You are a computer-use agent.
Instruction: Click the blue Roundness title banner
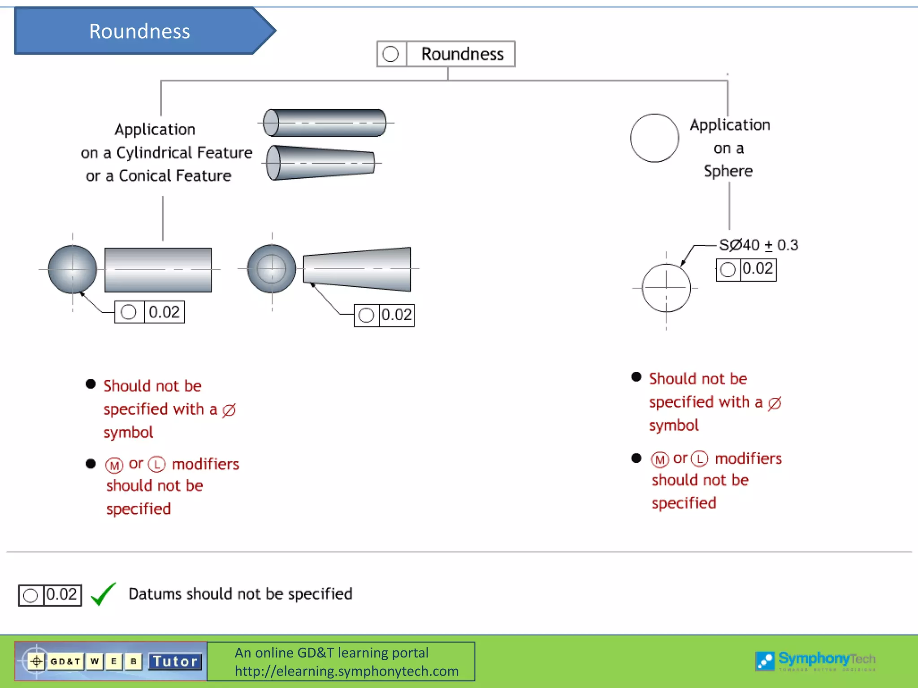point(139,31)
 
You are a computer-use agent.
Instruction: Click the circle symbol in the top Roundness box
point(391,54)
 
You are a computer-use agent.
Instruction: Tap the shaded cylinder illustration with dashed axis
point(325,123)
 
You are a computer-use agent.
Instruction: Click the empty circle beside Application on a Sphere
point(654,138)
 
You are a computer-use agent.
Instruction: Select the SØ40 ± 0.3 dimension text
point(758,245)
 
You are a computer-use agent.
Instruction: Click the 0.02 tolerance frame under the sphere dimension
point(746,270)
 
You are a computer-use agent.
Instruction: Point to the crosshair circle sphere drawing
point(666,288)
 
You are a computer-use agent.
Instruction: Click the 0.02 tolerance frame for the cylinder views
point(150,312)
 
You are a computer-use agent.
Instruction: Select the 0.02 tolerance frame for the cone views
point(384,315)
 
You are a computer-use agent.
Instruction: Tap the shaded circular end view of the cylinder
point(73,269)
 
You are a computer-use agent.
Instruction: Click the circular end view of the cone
point(272,269)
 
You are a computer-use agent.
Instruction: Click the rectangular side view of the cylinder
point(158,270)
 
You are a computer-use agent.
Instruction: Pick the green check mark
point(104,594)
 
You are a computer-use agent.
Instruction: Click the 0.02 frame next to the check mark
point(50,595)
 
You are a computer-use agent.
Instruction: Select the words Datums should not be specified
point(240,594)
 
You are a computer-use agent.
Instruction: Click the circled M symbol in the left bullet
point(114,465)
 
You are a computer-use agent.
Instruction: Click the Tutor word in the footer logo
point(175,662)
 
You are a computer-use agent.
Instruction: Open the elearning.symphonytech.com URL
point(346,671)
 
